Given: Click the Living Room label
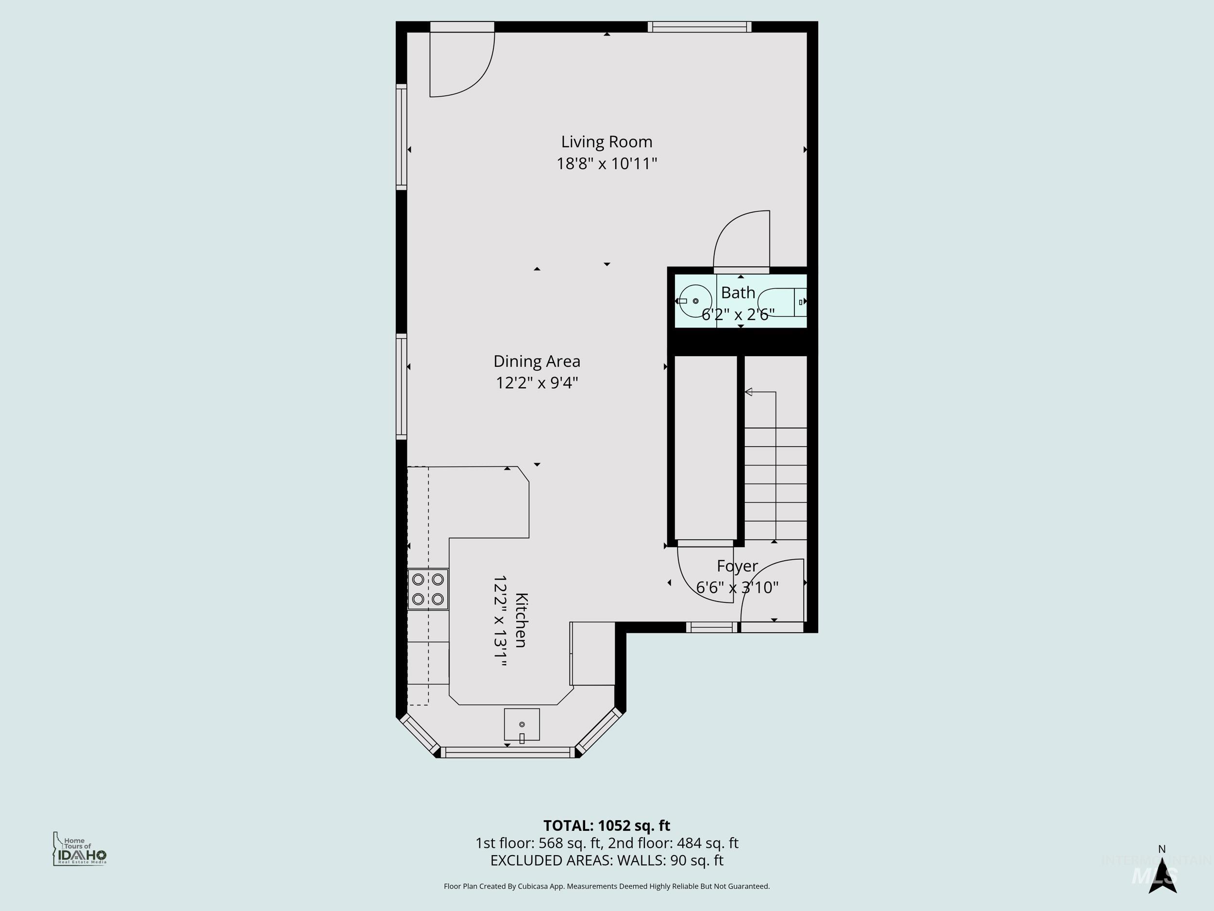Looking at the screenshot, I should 607,142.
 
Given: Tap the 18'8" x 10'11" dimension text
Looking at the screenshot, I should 607,164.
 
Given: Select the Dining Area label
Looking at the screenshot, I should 537,361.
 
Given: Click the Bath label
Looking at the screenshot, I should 738,292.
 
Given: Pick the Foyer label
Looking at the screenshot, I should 737,566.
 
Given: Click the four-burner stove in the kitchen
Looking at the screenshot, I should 427,589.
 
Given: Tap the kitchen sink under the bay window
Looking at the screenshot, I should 522,724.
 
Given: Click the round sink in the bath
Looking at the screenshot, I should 695,301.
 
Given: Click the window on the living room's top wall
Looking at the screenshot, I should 699,27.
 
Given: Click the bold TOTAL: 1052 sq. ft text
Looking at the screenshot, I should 607,825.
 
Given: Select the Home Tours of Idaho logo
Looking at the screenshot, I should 79,849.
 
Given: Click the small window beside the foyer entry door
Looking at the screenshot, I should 711,627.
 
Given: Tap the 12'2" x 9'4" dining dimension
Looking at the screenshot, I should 537,383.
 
